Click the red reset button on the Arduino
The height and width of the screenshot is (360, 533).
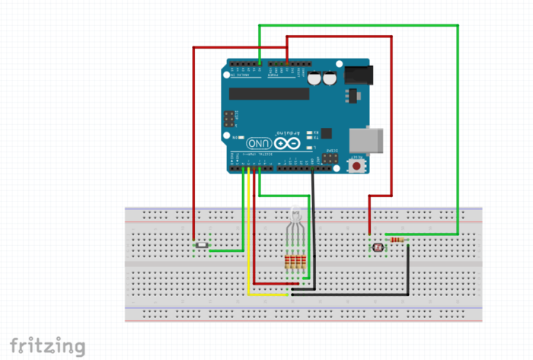[x=356, y=164]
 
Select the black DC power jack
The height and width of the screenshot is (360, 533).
[x=359, y=75]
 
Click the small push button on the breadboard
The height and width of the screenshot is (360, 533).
[x=202, y=245]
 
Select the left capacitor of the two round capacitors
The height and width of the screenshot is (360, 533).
[x=314, y=78]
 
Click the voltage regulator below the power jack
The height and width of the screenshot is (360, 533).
[x=351, y=95]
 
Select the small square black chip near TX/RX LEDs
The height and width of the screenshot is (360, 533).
[x=328, y=132]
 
